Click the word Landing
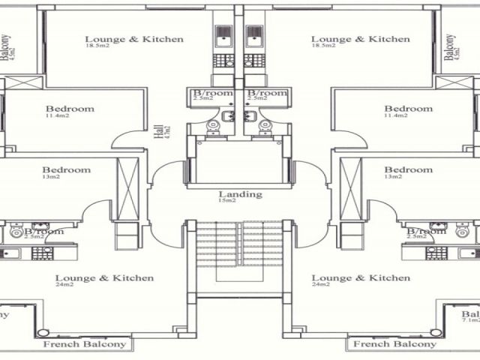pos(240,194)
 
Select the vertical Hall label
pos(158,133)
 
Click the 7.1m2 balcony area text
pos(471,320)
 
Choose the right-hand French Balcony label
pos(394,344)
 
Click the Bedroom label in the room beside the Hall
pos(70,109)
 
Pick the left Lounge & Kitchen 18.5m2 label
pos(133,39)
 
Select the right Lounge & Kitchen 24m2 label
pos(361,278)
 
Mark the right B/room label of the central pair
pos(268,93)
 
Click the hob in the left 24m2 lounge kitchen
pos(42,253)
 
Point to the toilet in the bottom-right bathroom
pos(463,229)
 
